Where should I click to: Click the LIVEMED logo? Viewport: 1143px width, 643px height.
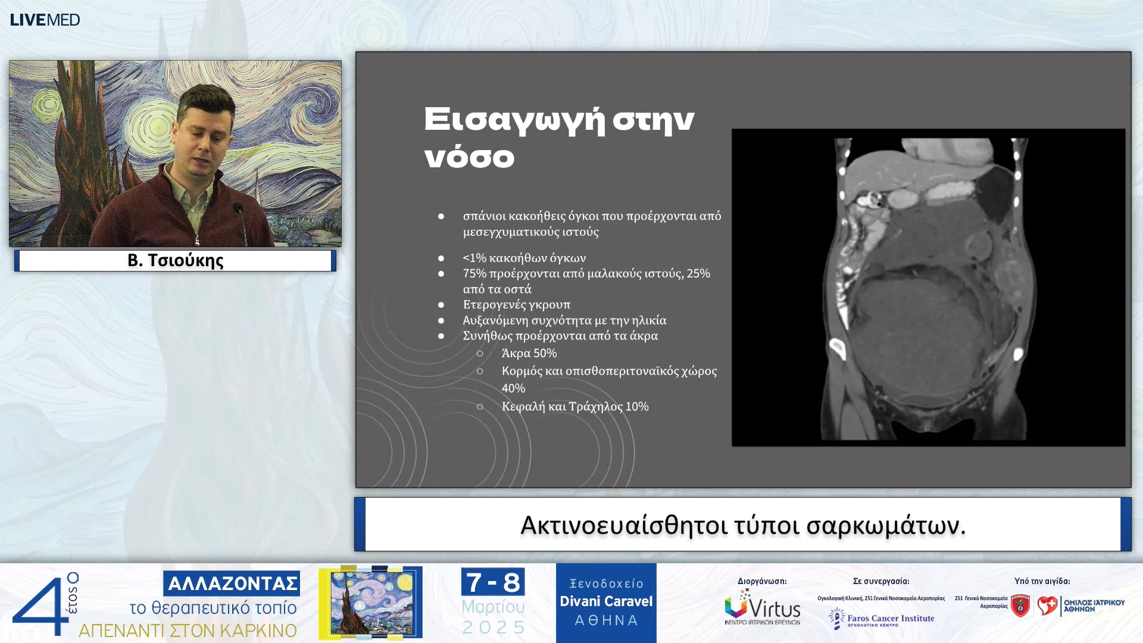tap(45, 20)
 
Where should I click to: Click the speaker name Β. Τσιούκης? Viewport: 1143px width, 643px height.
tap(175, 260)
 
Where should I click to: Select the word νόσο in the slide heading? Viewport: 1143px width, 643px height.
tap(469, 157)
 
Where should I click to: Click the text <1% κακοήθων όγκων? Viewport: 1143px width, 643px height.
tap(524, 258)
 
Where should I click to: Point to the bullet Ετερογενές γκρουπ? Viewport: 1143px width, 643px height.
tap(516, 304)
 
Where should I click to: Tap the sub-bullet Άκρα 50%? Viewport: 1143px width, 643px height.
tap(529, 353)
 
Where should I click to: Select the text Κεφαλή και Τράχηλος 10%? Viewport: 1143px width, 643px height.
tap(574, 406)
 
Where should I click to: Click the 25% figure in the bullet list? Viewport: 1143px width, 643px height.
tap(698, 273)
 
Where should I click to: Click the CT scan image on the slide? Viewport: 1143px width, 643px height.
tap(927, 288)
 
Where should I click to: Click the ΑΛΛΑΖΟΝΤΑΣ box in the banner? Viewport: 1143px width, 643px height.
tap(232, 583)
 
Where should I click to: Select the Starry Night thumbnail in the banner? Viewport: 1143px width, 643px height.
tap(370, 603)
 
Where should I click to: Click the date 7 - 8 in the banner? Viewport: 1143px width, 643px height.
tap(493, 582)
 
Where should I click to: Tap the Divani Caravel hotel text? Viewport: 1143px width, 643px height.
tap(606, 601)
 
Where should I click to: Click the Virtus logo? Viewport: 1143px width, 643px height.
tap(762, 607)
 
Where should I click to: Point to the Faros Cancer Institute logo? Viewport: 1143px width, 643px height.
tap(882, 619)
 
